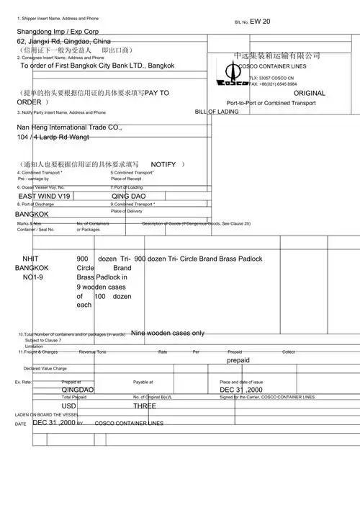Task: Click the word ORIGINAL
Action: [x=310, y=94]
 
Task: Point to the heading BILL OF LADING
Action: [x=217, y=112]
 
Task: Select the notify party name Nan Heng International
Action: [x=69, y=127]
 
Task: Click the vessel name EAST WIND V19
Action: [x=44, y=196]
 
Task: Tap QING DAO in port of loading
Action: [x=128, y=196]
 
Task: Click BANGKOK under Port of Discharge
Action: [x=32, y=215]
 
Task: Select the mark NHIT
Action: [x=31, y=259]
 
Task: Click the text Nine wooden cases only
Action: [x=168, y=334]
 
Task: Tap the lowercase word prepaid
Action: [x=238, y=359]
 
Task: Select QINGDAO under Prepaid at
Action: [x=78, y=390]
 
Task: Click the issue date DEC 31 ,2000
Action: [x=241, y=390]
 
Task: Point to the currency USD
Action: [x=69, y=406]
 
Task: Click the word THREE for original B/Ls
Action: [x=145, y=406]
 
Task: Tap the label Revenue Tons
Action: [x=92, y=352]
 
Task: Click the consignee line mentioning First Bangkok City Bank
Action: [x=97, y=66]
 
